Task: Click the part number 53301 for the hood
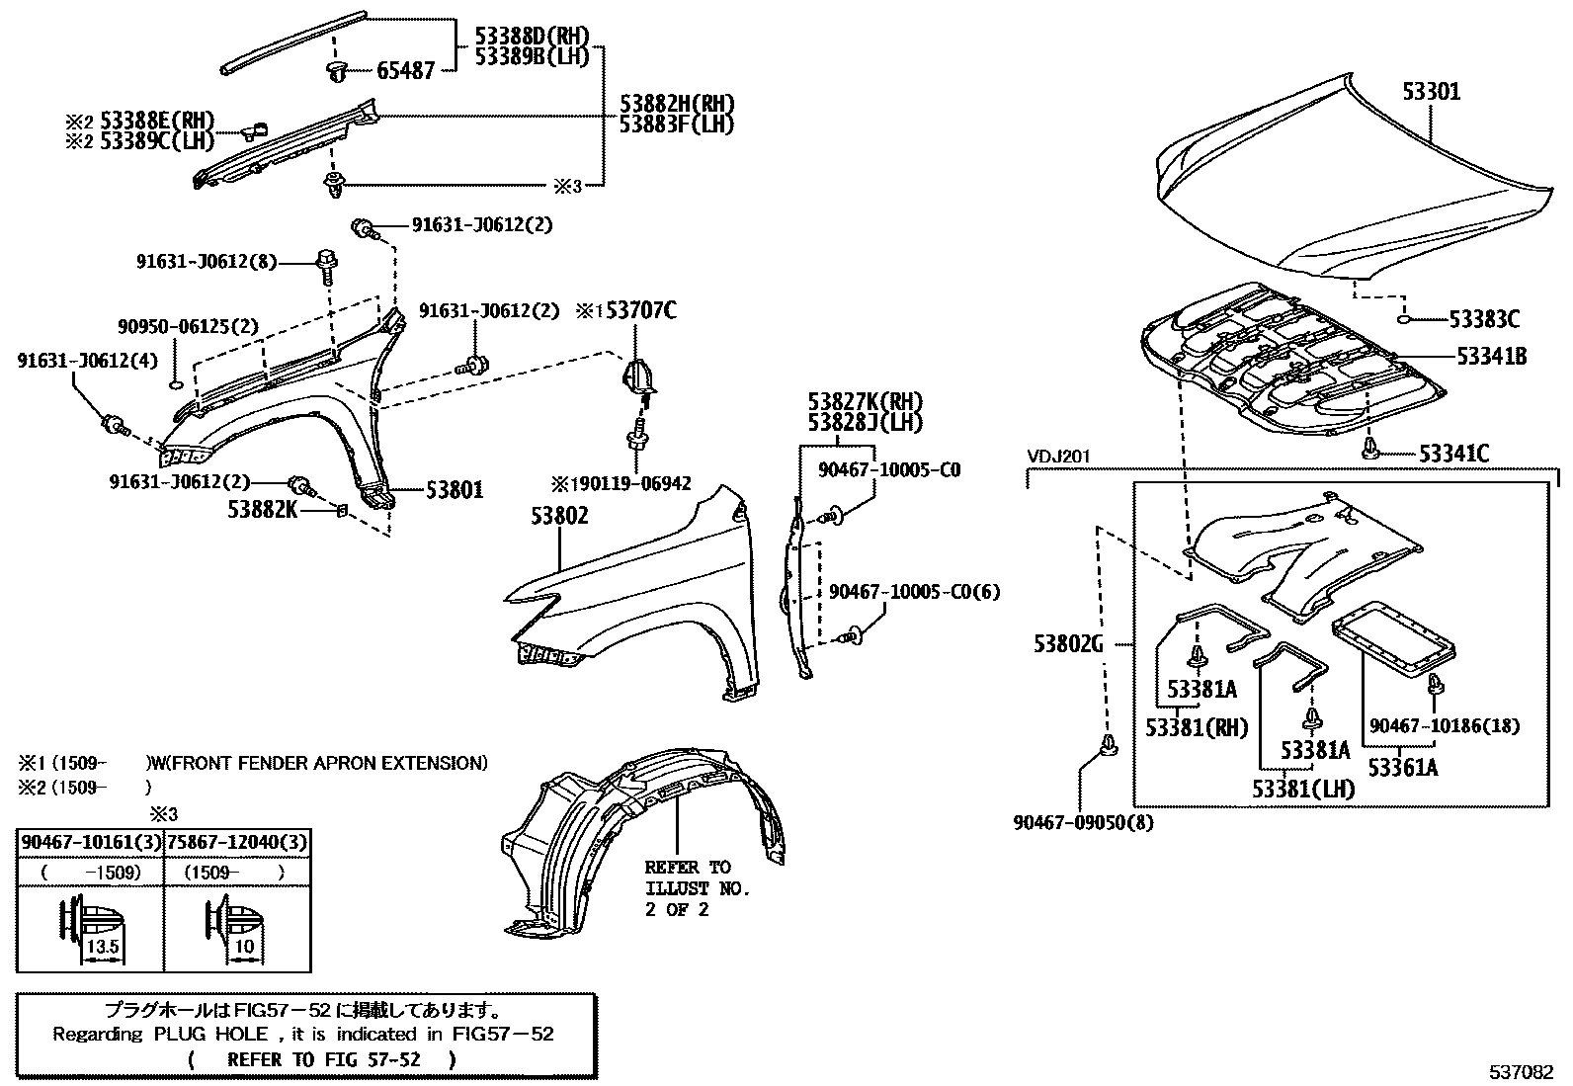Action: (x=1432, y=92)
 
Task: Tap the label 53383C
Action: (x=1484, y=319)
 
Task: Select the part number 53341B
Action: (x=1491, y=357)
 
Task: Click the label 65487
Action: (x=405, y=71)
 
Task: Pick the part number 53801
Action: (x=455, y=489)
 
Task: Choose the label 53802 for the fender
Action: (x=559, y=516)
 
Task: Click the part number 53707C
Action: (x=640, y=311)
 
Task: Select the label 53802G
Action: (x=1068, y=644)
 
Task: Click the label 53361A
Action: (x=1403, y=767)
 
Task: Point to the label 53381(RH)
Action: (x=1198, y=727)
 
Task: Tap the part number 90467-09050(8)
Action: (x=1083, y=821)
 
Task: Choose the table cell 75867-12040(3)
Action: (x=237, y=842)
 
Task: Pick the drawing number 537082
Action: (x=1523, y=1071)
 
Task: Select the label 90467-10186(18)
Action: (x=1445, y=726)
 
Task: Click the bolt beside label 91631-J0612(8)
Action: (x=325, y=262)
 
